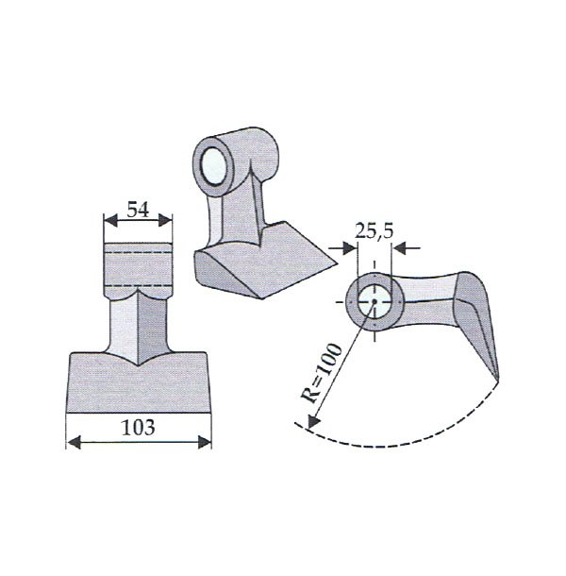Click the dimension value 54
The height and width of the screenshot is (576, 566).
pos(138,211)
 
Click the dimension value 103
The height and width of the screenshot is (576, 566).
pos(138,428)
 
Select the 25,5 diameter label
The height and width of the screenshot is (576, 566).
pos(374,231)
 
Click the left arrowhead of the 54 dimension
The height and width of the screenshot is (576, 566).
pos(110,221)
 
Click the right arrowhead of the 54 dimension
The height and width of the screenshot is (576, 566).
pos(165,221)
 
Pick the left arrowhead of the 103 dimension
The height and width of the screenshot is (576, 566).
pos(74,442)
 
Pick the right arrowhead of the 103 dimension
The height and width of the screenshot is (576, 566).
pos(205,442)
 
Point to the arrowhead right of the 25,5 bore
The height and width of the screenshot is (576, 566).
pos(399,248)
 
